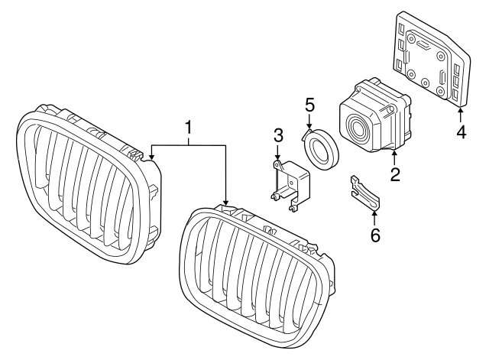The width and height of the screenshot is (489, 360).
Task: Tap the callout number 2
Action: tap(395, 174)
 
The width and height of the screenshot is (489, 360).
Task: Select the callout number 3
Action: tap(279, 136)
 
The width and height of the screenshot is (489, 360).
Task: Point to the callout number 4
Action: tap(461, 131)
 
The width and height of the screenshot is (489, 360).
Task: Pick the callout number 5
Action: tap(309, 102)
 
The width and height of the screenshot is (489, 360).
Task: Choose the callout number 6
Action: tap(374, 235)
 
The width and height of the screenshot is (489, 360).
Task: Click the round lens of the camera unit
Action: tap(358, 126)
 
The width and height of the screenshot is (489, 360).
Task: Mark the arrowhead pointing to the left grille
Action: tap(152, 158)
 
